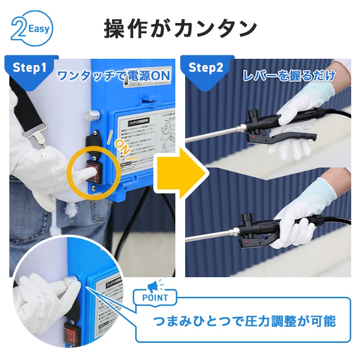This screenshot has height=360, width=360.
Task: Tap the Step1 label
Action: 30,68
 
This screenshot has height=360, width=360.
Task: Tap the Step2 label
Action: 205,68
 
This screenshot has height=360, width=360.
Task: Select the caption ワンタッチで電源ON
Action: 114,76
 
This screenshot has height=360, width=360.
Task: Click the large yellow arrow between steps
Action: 181,170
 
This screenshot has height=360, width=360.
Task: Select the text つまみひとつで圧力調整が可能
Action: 244,321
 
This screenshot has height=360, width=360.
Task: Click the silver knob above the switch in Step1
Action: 91,116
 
